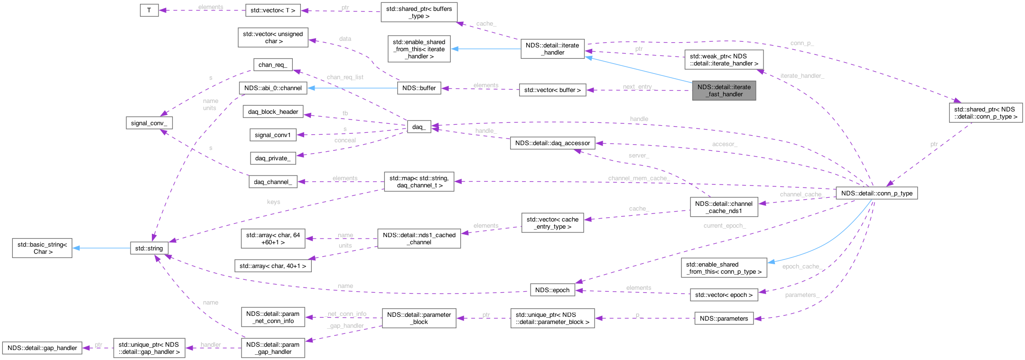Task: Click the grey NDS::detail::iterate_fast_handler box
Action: click(x=724, y=91)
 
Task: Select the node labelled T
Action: click(x=149, y=10)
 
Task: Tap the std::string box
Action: click(x=149, y=248)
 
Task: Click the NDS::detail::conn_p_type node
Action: click(x=876, y=193)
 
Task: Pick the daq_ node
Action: click(x=419, y=127)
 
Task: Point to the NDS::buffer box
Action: click(x=419, y=88)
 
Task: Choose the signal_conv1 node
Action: click(x=273, y=135)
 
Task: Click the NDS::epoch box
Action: click(x=552, y=290)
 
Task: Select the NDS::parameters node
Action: click(x=724, y=318)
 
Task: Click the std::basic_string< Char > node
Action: click(x=42, y=248)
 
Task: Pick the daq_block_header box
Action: click(x=273, y=112)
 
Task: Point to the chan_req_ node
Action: click(x=273, y=65)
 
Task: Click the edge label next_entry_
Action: click(x=639, y=87)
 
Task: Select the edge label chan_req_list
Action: click(x=345, y=77)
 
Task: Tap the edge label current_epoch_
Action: click(x=725, y=226)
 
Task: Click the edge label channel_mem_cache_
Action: click(x=638, y=178)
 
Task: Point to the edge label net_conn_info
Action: click(x=347, y=314)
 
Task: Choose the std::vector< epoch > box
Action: click(x=724, y=295)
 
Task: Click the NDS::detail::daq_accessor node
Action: click(x=552, y=143)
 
